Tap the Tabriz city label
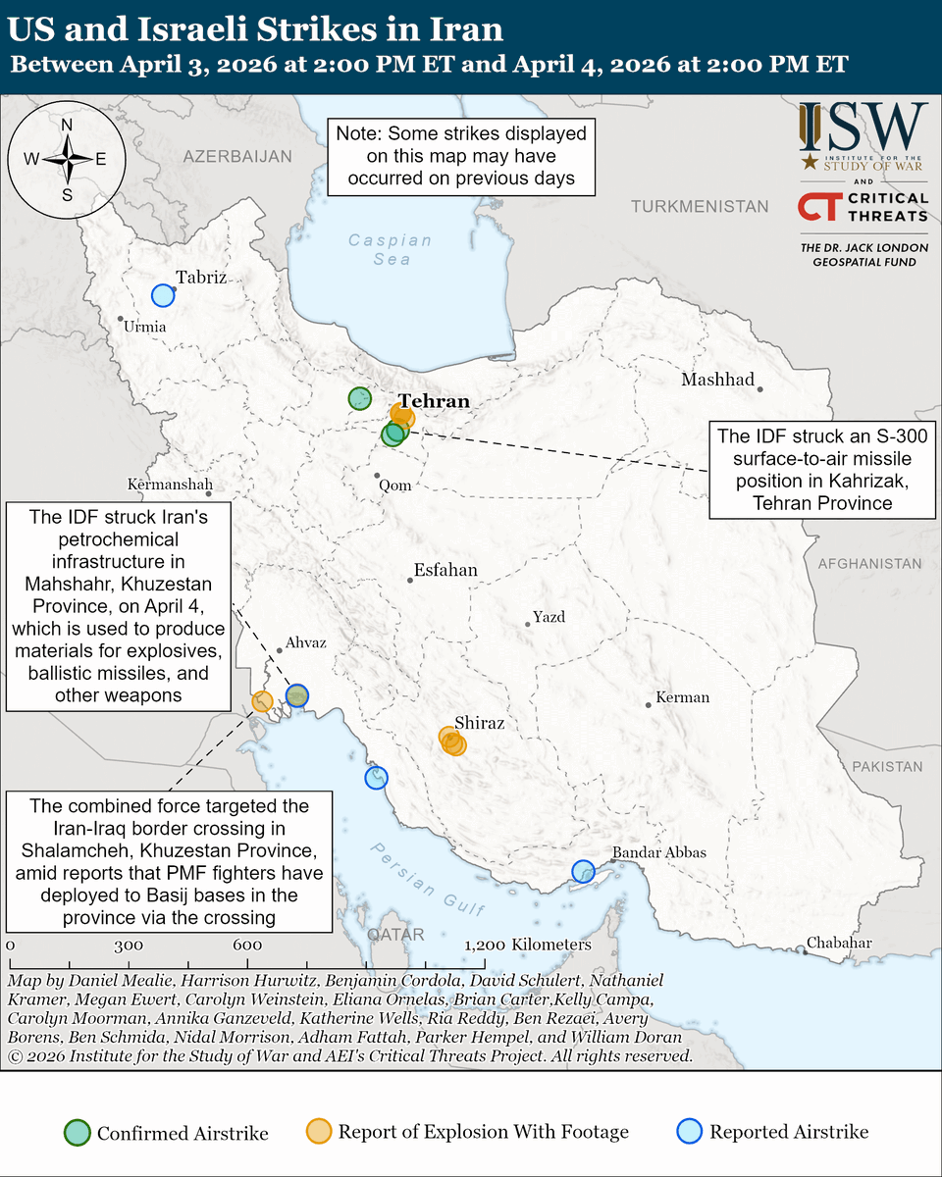click(201, 278)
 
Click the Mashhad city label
click(717, 381)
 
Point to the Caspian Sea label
click(390, 249)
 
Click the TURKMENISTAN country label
click(700, 207)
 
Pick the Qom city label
click(395, 485)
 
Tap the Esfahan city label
click(445, 570)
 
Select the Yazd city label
click(549, 617)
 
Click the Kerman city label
click(682, 697)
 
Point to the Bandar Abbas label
click(658, 852)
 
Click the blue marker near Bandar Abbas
click(583, 871)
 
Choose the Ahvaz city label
click(304, 643)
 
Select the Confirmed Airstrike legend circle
click(78, 1132)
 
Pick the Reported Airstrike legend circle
click(692, 1132)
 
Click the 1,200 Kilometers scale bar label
click(528, 945)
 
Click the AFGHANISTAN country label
click(870, 564)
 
